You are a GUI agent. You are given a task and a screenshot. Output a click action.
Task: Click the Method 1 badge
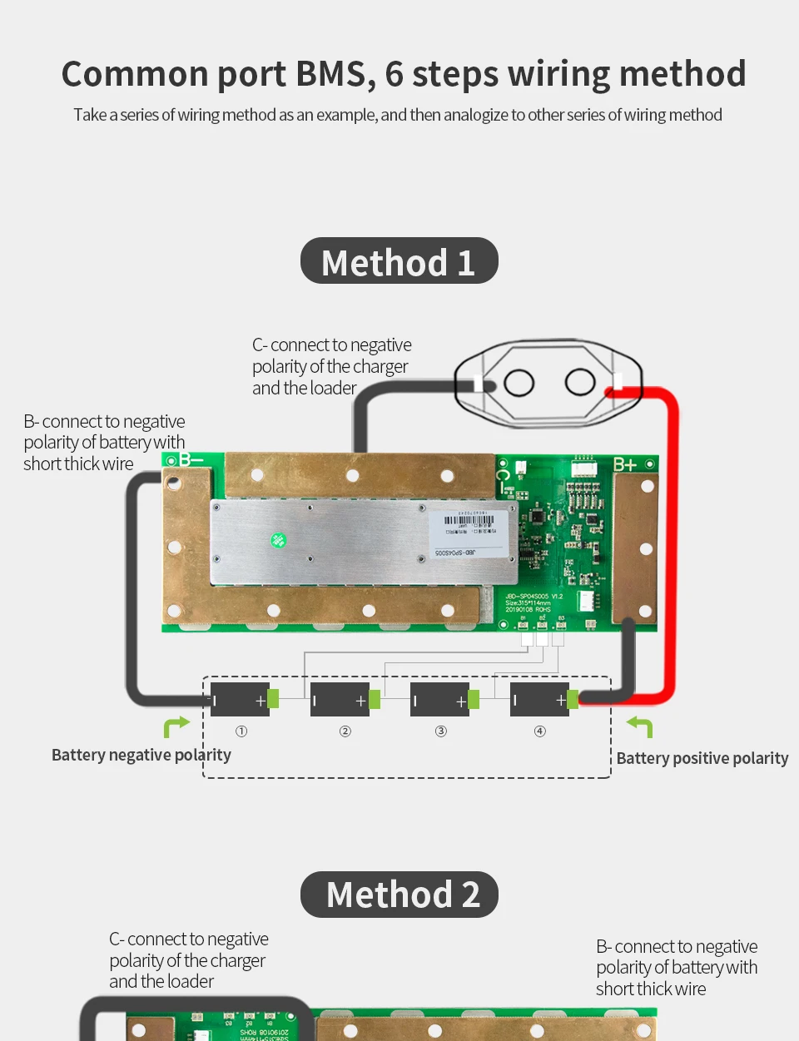coord(399,261)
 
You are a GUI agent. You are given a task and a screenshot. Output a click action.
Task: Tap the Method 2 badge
coord(399,895)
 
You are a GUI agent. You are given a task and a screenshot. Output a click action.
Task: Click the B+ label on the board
coord(625,464)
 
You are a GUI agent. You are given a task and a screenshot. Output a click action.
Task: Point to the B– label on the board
coord(191,460)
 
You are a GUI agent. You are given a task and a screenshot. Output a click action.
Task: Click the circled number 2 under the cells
coord(345,731)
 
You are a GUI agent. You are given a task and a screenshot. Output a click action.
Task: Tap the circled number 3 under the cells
coord(441,731)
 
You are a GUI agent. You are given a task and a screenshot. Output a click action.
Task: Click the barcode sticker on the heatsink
coord(469,532)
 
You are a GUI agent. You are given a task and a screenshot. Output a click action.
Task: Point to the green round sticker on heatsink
coord(279,541)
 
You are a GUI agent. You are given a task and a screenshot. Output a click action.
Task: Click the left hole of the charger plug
coord(519,383)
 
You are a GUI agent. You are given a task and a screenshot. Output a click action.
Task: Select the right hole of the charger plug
coord(580,382)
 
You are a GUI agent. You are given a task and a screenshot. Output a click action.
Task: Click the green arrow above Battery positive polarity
coord(640,726)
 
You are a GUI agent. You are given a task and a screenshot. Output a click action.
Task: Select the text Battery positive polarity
coord(702,758)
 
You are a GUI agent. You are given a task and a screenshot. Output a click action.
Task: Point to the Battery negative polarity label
coord(141,755)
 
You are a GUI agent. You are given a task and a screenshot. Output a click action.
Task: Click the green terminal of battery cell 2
coord(375,699)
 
